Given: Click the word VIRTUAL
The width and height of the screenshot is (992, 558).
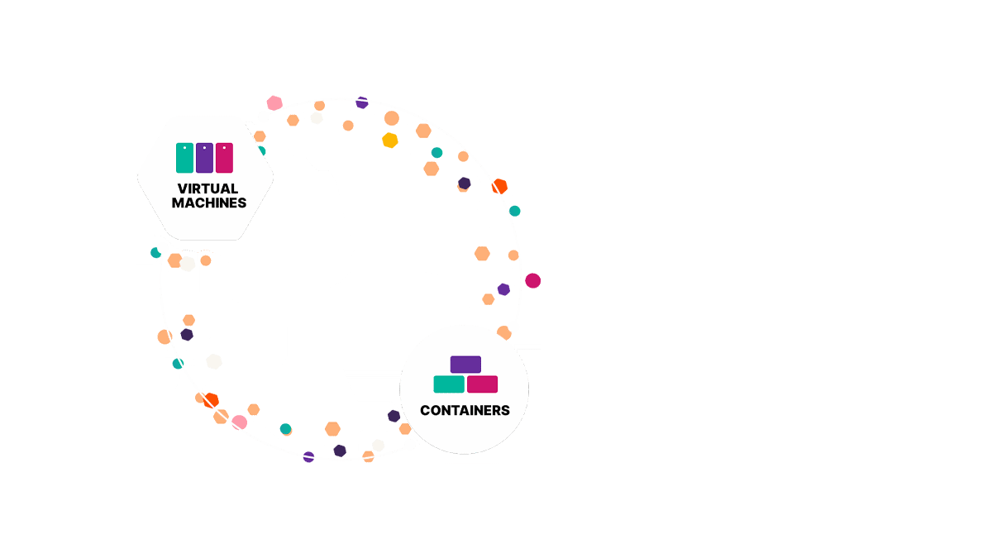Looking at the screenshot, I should tap(207, 188).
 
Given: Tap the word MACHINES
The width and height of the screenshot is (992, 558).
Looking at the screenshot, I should tap(208, 203).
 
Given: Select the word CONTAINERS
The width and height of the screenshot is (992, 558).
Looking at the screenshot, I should tap(465, 410).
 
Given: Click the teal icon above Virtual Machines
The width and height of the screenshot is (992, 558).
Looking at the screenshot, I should tap(184, 157).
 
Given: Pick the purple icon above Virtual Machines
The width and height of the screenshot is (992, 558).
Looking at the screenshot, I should tap(204, 157).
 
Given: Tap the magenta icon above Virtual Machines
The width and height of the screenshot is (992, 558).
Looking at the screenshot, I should tap(224, 157).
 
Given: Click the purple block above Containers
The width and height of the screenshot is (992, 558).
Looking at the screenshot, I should tap(465, 365).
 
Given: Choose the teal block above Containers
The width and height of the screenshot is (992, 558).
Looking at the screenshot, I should tap(449, 384).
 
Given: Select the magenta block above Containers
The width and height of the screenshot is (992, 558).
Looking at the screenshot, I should tap(482, 384).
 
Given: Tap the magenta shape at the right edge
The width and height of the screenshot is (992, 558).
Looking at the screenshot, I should tap(533, 281).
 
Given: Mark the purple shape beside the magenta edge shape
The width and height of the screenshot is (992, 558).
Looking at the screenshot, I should tap(502, 285).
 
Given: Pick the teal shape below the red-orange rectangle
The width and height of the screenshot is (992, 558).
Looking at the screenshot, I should tap(526, 207).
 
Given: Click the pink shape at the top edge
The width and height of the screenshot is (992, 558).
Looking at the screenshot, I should tap(266, 101).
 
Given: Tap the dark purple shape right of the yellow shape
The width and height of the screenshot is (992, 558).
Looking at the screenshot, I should tap(463, 179).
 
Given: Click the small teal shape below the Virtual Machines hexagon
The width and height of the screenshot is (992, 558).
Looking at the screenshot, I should tap(146, 249).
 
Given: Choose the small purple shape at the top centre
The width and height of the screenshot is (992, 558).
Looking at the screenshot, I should tap(361, 110).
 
